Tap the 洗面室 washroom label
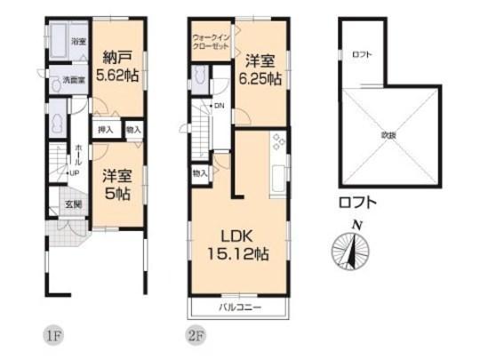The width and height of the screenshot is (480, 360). click(x=73, y=81)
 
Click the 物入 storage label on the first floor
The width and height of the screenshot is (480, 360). click(x=132, y=129)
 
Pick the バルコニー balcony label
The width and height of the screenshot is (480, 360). click(x=238, y=308)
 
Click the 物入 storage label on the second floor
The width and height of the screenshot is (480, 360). click(x=199, y=172)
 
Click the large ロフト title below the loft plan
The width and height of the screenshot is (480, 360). click(x=357, y=203)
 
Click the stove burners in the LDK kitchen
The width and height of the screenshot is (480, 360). click(x=279, y=140)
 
